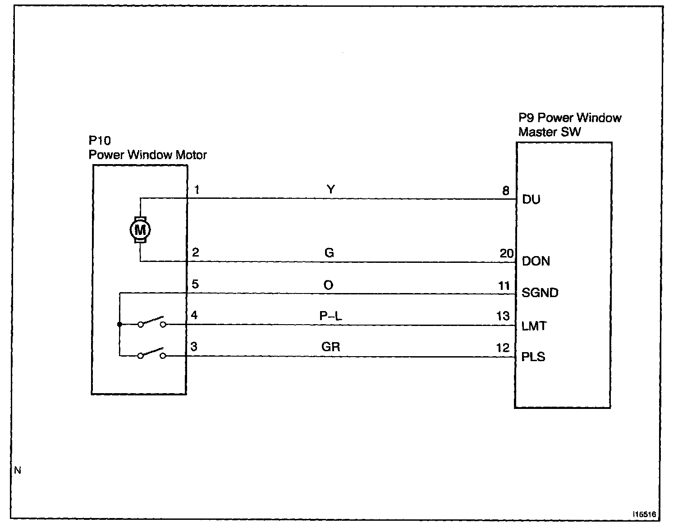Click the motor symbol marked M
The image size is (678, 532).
click(140, 230)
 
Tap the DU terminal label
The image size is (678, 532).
click(531, 199)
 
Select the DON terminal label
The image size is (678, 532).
click(536, 261)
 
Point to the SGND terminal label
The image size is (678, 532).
click(540, 293)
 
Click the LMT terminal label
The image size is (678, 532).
click(534, 326)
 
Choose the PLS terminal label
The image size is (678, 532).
click(533, 357)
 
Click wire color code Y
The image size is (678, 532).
click(330, 189)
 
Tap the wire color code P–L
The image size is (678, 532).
click(330, 316)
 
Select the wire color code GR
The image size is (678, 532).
click(330, 347)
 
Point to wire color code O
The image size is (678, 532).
click(329, 285)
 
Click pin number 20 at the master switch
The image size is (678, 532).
click(506, 253)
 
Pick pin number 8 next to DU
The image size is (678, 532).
click(506, 191)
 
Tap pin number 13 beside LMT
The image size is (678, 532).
click(503, 316)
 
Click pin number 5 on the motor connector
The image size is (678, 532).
click(195, 284)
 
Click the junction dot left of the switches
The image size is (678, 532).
click(119, 324)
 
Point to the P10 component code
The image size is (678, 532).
click(100, 141)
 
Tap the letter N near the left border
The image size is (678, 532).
click(18, 471)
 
